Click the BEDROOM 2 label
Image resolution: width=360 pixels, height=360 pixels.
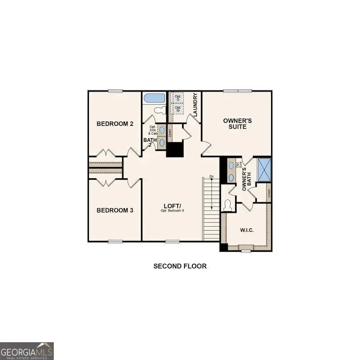[x=115, y=124]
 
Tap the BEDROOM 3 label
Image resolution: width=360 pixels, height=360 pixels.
[x=115, y=210]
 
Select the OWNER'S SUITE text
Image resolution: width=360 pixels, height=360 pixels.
[x=237, y=124]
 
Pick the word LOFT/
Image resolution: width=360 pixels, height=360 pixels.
[x=172, y=205]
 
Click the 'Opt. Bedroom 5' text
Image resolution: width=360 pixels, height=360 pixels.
[x=172, y=210]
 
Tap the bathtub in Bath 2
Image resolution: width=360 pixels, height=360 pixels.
[x=154, y=98]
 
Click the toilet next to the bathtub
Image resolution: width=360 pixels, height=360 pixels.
[x=159, y=110]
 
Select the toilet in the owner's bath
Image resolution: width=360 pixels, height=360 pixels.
[x=228, y=205]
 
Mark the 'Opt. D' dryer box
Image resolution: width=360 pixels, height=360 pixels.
[x=178, y=98]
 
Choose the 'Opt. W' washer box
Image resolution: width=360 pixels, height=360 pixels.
[x=178, y=108]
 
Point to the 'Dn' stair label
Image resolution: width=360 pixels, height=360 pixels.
[x=212, y=177]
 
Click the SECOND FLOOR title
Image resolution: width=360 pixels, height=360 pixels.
[x=180, y=266]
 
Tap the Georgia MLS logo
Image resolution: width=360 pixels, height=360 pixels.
[x=27, y=350]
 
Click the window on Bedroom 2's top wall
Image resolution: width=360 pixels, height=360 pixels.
[x=115, y=91]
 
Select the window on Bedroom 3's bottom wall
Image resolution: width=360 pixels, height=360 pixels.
[x=115, y=241]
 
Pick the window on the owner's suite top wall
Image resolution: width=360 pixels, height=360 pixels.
[x=237, y=91]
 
